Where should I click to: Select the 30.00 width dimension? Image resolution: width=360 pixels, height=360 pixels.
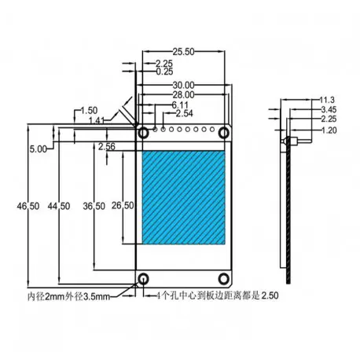(x=186, y=85)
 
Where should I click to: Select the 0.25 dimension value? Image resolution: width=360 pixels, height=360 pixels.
(x=165, y=71)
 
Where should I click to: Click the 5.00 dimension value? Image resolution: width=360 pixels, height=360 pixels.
(x=37, y=148)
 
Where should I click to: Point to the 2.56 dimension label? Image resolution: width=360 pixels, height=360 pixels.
(x=108, y=146)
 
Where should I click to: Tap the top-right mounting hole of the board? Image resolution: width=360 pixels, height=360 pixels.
(x=225, y=133)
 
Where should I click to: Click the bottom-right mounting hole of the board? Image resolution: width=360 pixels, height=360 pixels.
(x=225, y=279)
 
